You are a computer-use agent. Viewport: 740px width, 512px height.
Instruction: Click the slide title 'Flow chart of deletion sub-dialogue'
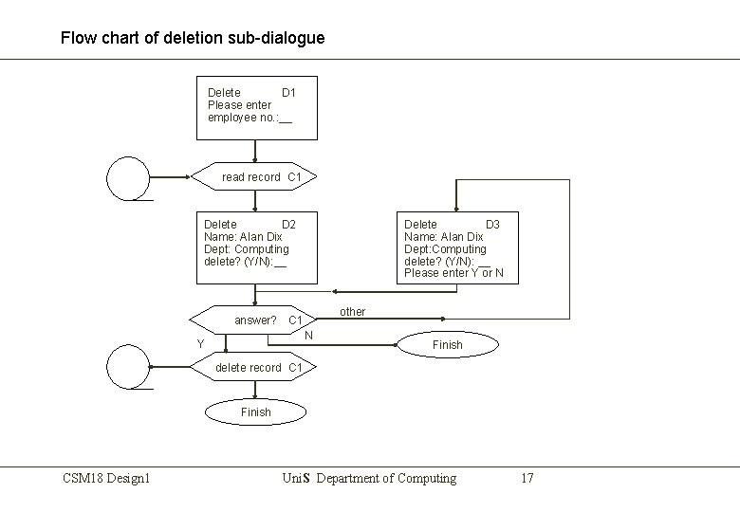[192, 39]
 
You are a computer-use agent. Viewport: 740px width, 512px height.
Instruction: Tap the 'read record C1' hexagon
[254, 176]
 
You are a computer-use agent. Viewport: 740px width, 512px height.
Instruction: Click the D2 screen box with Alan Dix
[256, 247]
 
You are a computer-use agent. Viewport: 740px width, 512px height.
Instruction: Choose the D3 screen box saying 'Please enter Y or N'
[457, 247]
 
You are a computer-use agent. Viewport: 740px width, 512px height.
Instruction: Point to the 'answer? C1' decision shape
[254, 320]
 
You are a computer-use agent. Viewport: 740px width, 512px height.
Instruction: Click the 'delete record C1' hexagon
[254, 367]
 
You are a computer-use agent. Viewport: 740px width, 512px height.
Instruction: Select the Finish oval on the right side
[447, 344]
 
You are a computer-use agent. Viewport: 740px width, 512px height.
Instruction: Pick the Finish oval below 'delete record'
[255, 411]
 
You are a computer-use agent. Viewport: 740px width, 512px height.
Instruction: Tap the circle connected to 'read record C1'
[129, 177]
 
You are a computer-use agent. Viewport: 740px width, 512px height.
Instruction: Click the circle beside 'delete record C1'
[129, 367]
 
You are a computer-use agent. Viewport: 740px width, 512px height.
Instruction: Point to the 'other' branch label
[352, 312]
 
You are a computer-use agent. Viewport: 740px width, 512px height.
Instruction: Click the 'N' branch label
[309, 335]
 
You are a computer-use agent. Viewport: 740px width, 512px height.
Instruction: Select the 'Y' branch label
[200, 343]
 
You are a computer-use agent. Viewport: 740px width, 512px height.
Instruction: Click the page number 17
[527, 478]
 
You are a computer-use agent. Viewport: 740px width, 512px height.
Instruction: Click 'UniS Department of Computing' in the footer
[369, 478]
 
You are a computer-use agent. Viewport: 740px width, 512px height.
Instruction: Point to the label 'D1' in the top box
[289, 93]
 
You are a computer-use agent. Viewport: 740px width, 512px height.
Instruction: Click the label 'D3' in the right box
[492, 225]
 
